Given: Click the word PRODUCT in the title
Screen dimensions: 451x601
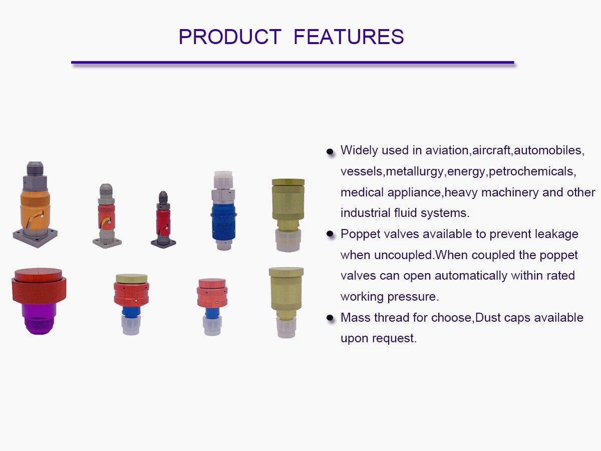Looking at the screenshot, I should [230, 37].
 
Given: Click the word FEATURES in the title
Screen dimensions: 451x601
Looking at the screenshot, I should [349, 37].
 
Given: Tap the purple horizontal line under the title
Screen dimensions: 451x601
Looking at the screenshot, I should [292, 63].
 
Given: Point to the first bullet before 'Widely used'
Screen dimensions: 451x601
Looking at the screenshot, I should [330, 151].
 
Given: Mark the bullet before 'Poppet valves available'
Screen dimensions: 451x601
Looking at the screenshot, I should [330, 234].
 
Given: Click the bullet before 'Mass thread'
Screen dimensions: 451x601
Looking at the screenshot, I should [330, 318].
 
